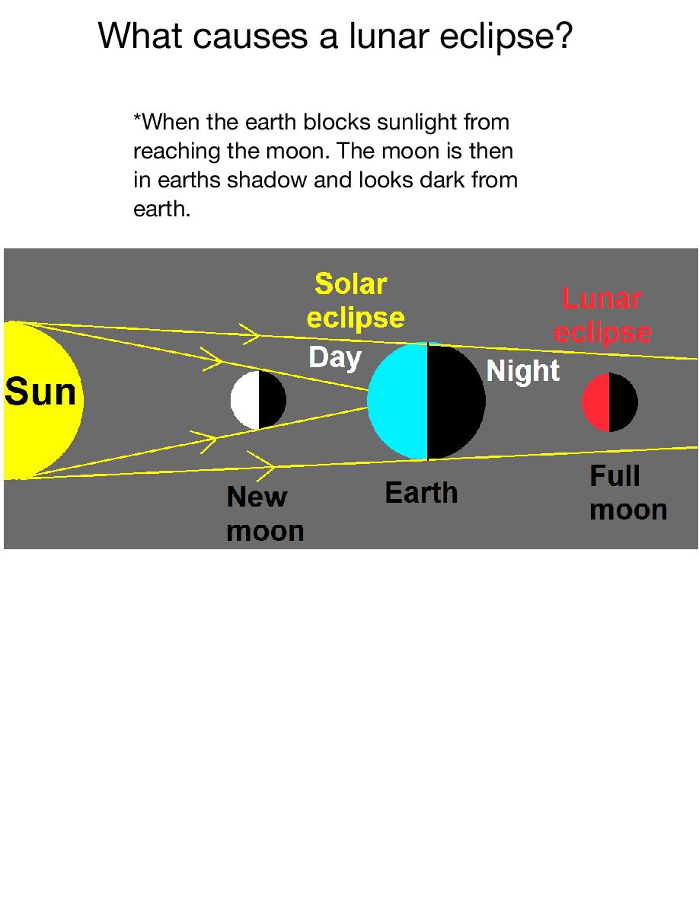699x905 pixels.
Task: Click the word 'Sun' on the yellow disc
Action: pos(40,392)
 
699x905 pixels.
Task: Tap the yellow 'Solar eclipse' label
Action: pos(356,301)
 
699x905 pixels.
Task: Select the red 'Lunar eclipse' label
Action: pos(603,316)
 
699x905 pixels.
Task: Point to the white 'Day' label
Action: pos(335,358)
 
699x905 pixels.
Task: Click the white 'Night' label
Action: pos(522,370)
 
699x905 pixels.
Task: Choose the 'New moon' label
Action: pos(265,513)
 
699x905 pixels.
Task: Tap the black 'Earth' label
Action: pos(421,493)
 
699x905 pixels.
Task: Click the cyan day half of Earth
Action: pos(398,401)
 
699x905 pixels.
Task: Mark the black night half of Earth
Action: pos(455,401)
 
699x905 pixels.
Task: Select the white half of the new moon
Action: pos(245,400)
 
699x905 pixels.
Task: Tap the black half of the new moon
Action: pos(272,400)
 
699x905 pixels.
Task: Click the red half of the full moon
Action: pos(596,402)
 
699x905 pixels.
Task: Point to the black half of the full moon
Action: pos(623,402)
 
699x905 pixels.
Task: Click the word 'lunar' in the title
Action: pos(390,36)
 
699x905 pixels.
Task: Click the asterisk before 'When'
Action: pos(137,117)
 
